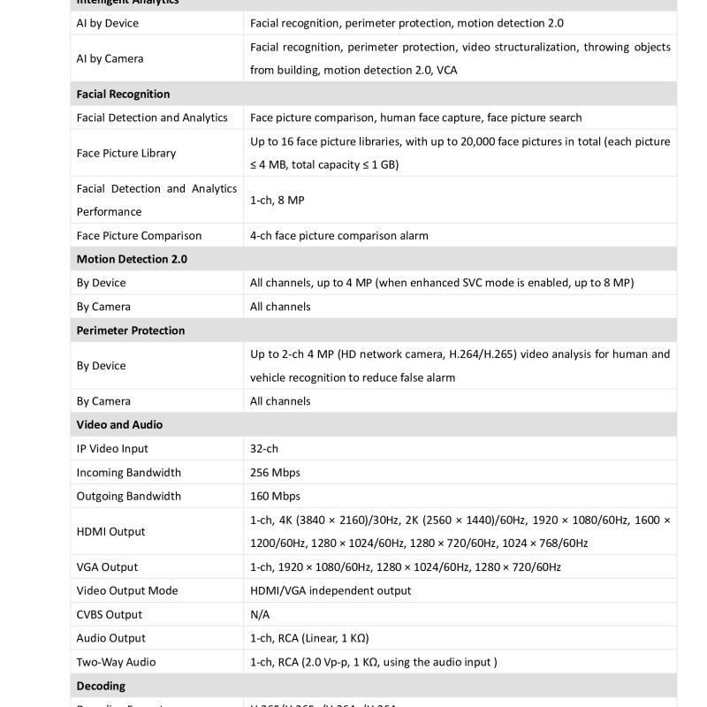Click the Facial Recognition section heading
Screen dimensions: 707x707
pos(123,94)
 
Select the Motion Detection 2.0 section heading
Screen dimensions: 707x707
pos(132,259)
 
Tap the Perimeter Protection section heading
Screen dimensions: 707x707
pos(130,331)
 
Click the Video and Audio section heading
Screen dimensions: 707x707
pos(119,425)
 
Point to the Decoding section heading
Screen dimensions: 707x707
pos(101,686)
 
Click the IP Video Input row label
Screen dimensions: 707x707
pos(112,449)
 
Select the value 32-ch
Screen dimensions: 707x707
pos(264,449)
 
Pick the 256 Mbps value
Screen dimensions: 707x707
pos(275,473)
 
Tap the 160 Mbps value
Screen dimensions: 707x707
pos(275,497)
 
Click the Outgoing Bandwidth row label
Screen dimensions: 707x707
pos(128,497)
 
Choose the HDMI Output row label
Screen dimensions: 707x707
pos(110,532)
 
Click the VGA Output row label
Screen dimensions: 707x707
pos(107,567)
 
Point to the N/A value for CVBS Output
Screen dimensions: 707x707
pos(260,615)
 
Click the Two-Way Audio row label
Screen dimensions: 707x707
pos(116,662)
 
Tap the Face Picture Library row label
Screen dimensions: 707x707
pos(126,153)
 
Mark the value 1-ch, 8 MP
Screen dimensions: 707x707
pos(277,201)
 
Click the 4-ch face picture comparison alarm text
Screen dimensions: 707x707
pos(339,236)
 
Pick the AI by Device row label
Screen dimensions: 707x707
pos(107,23)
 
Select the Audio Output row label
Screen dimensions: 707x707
pos(110,638)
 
